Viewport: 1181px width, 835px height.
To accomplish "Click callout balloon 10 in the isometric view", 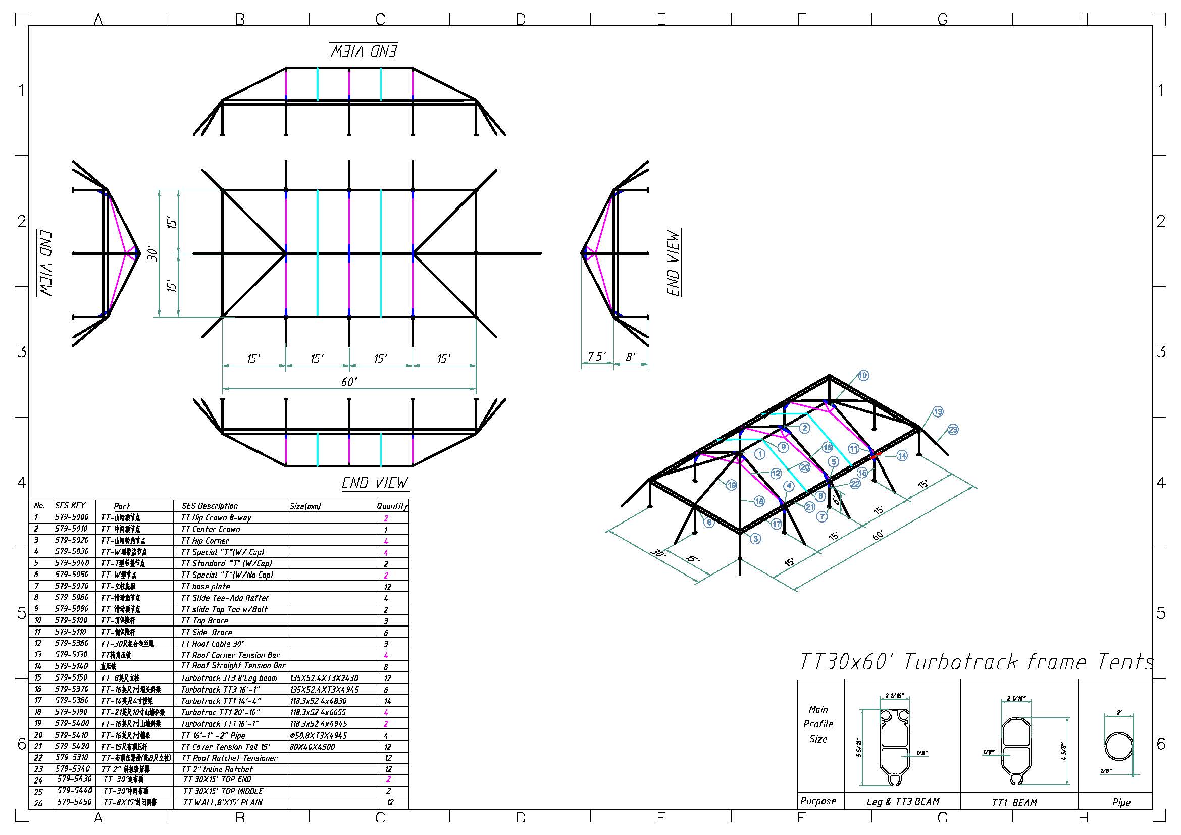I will tap(863, 375).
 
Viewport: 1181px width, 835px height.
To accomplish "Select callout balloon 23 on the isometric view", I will tap(953, 429).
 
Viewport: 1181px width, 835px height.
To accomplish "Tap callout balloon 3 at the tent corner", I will tap(755, 538).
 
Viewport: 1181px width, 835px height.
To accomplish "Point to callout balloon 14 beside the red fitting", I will tap(902, 455).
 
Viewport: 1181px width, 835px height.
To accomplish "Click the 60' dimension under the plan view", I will tap(349, 382).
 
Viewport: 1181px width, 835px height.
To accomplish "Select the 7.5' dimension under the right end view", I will tap(597, 356).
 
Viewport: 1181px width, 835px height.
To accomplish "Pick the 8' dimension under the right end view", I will tap(631, 356).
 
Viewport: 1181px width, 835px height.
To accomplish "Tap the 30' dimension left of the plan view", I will tap(153, 253).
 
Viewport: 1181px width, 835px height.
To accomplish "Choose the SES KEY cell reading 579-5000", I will tap(72, 517).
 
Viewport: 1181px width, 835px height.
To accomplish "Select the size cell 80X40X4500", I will tap(312, 747).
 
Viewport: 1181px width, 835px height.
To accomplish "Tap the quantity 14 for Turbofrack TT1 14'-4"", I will tap(387, 701).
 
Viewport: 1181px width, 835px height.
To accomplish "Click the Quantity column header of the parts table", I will tap(392, 506).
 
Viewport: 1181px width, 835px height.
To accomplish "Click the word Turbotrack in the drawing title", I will tap(960, 662).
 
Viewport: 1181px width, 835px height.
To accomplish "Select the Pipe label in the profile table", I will tap(1121, 802).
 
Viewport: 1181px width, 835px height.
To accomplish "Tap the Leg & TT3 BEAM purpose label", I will tap(902, 802).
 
